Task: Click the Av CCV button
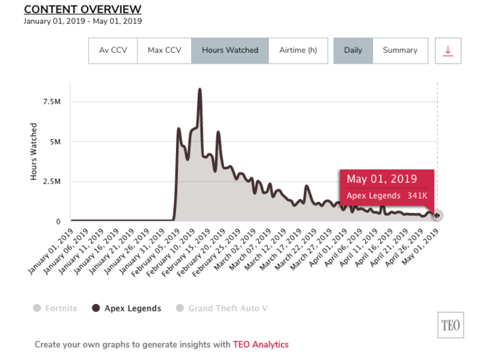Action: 113,51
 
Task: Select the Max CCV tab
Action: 164,51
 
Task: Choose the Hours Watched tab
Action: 230,51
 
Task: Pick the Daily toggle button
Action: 353,51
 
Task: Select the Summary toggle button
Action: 400,51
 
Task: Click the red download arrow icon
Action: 448,51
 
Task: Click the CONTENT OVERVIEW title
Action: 82,9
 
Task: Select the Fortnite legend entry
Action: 56,308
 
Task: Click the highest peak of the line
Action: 200,89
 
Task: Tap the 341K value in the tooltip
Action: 416,196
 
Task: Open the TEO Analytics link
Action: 261,344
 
